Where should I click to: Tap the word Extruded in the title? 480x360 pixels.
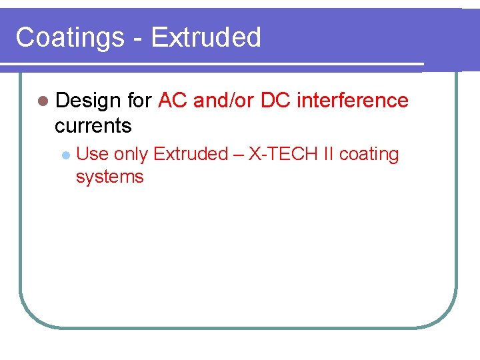click(206, 37)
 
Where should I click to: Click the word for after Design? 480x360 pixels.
click(139, 101)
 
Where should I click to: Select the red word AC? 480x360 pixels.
click(173, 101)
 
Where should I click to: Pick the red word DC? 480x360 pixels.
click(276, 101)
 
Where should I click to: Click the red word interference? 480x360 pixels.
click(353, 101)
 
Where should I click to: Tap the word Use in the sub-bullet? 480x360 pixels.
click(93, 155)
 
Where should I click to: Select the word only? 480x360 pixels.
click(131, 155)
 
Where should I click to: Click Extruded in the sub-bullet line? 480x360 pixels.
click(191, 155)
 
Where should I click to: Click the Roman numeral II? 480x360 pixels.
click(328, 155)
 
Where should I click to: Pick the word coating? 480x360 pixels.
click(369, 155)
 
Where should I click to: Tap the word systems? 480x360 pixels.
click(110, 177)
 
